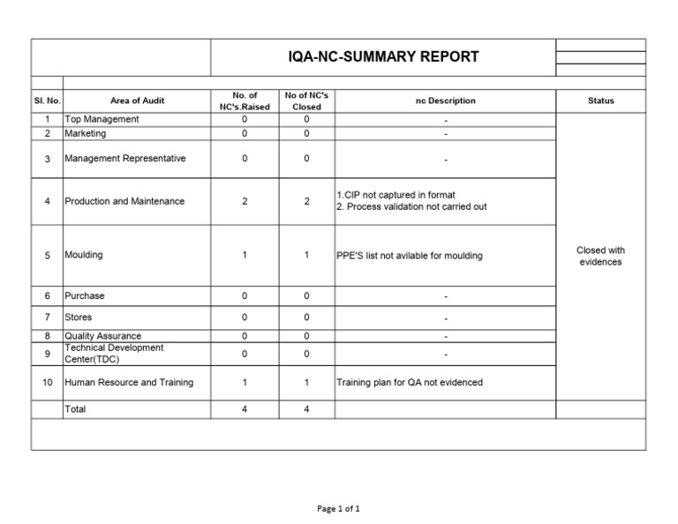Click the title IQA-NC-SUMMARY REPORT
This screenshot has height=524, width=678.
383,57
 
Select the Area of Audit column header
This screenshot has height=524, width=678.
137,101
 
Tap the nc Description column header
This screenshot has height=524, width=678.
445,101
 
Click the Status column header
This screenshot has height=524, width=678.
600,101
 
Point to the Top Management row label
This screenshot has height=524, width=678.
102,119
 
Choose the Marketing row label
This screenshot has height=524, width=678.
85,133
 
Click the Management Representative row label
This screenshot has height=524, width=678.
124,159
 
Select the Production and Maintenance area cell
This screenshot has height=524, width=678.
124,201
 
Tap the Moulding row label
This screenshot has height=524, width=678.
83,255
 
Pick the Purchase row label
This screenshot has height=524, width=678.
84,296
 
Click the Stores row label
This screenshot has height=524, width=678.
78,317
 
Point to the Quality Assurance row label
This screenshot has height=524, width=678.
102,336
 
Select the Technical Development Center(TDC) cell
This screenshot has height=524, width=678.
113,353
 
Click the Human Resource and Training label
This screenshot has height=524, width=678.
128,383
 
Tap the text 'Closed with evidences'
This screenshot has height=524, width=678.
600,256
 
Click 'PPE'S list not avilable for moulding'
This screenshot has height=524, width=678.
410,256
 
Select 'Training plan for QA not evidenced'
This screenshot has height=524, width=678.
410,383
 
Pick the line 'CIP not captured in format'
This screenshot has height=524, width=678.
397,195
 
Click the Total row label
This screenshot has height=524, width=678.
75,409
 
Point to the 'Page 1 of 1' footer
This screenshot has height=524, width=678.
339,508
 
